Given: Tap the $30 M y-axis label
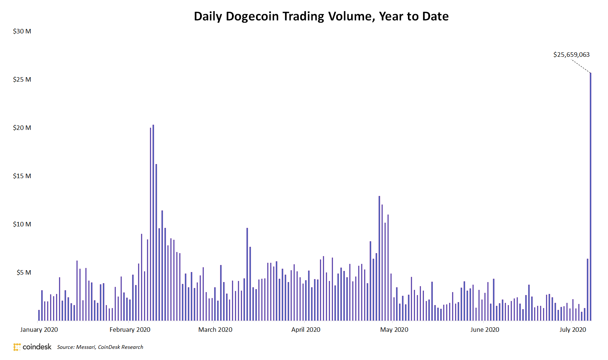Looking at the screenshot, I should [22, 31].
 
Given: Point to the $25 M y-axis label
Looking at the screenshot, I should [22, 79].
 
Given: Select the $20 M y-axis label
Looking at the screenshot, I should [22, 128].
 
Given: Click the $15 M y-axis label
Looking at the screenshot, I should [22, 176].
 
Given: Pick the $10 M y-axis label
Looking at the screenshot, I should [22, 224].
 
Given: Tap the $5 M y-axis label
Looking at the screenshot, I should [24, 272].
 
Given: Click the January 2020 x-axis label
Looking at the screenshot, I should [39, 330].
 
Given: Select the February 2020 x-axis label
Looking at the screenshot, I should [130, 330].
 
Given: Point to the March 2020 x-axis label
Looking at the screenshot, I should [215, 330].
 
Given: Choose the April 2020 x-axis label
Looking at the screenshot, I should [305, 330].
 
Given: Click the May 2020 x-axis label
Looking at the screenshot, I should [394, 330].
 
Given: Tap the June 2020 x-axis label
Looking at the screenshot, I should [484, 330].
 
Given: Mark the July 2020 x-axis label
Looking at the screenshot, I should [572, 330].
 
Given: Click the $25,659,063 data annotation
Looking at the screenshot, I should [571, 55].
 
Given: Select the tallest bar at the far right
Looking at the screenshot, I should [591, 197].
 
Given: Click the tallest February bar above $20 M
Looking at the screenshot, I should [153, 223].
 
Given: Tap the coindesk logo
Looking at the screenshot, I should [32, 347].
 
